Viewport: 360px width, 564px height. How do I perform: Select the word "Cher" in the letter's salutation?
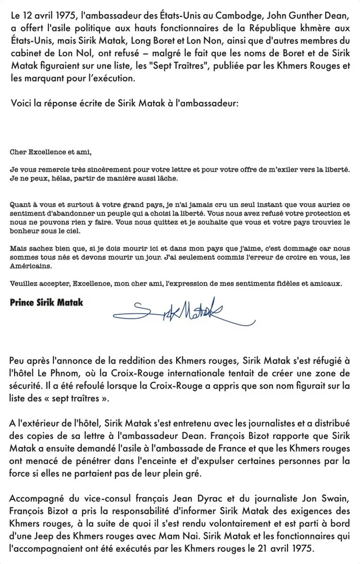[19, 151]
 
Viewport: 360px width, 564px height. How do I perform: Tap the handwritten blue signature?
[180, 310]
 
